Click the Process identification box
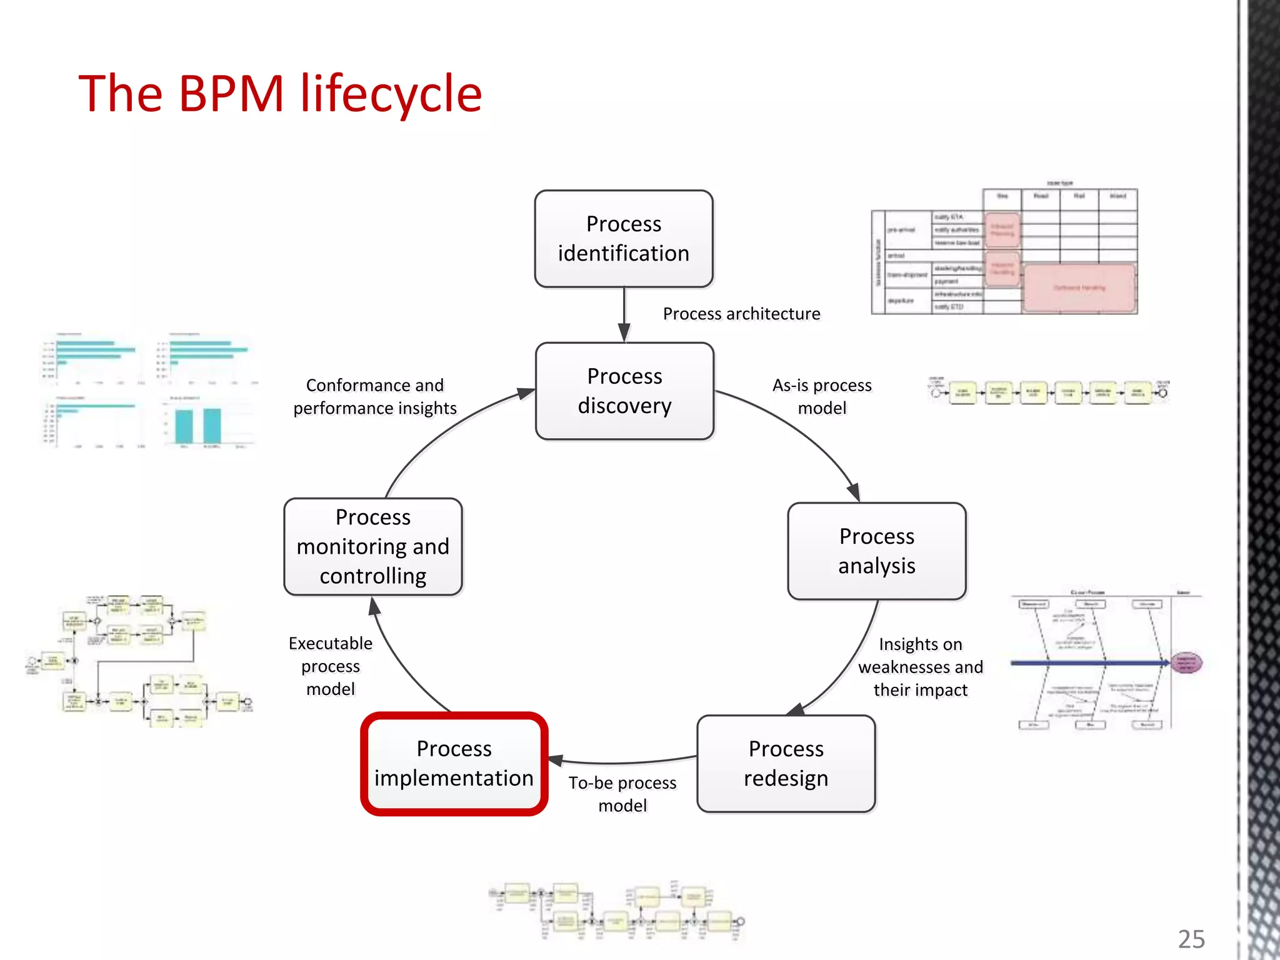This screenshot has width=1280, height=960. coord(624,239)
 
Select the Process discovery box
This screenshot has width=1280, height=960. coord(624,391)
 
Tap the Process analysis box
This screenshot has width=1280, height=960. coord(876,551)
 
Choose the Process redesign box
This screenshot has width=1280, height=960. coord(786,764)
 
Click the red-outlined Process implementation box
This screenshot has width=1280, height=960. coord(454,764)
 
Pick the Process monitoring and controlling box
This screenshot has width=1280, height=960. coord(373,547)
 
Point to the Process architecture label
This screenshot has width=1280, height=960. coord(741,314)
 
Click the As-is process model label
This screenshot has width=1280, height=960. coord(822,397)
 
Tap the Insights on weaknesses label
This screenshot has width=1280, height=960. coord(920,667)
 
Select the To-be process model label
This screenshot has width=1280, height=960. coord(622,794)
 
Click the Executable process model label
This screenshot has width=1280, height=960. coord(331,666)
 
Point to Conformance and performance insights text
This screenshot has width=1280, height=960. coord(375,397)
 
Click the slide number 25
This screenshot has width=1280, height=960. coord(1191,939)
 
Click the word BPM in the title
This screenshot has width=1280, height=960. coord(231,94)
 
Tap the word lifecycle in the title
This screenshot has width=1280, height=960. coord(391,94)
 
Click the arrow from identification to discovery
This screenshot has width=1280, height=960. coord(624,315)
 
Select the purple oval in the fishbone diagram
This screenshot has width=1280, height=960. coord(1186,662)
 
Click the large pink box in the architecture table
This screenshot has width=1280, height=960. coord(1079,288)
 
